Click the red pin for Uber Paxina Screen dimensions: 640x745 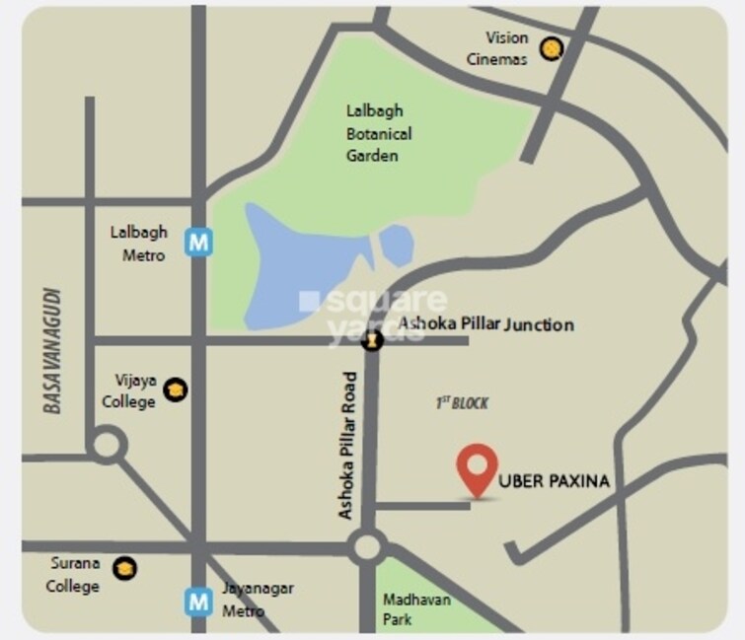click(x=478, y=466)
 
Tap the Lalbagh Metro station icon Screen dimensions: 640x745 click(x=200, y=242)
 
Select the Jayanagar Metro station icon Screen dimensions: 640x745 click(x=199, y=600)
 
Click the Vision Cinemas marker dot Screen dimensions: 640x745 click(x=553, y=48)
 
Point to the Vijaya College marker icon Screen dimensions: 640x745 click(x=176, y=390)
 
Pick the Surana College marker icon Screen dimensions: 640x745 click(x=124, y=567)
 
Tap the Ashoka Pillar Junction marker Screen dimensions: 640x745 click(x=372, y=341)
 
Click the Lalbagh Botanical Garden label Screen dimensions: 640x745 click(x=379, y=133)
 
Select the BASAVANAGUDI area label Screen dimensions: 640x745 click(x=53, y=350)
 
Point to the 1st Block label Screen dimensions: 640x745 click(x=462, y=403)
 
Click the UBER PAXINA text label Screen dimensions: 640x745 click(x=555, y=482)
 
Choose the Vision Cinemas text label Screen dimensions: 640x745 click(x=506, y=48)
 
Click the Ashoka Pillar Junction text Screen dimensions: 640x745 click(x=485, y=324)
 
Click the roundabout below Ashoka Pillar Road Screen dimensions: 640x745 click(x=367, y=545)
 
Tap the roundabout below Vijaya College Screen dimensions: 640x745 click(x=106, y=447)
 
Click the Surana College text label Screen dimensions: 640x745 click(x=76, y=575)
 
